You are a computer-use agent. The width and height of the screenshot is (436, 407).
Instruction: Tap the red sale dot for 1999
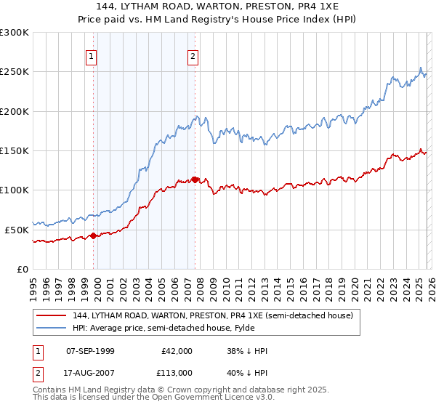click(93, 235)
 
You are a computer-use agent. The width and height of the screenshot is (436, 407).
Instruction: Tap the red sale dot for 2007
click(195, 180)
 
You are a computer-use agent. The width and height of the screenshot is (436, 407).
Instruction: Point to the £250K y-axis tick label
click(15, 72)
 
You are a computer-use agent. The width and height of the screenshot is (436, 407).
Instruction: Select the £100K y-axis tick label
click(15, 190)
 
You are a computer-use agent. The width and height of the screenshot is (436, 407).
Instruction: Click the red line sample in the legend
click(52, 315)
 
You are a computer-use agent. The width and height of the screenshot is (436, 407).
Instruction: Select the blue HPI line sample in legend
click(52, 327)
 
